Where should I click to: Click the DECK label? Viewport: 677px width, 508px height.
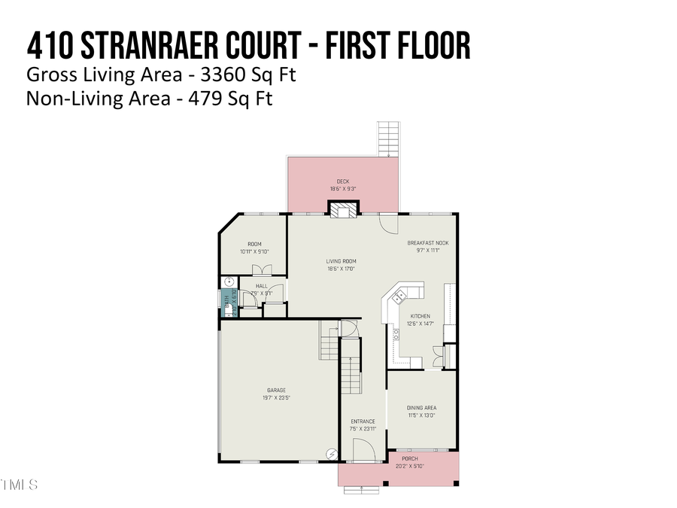[x=343, y=181]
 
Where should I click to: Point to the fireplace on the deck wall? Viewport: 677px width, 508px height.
[x=343, y=209]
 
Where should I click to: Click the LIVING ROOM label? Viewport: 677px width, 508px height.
[x=341, y=261]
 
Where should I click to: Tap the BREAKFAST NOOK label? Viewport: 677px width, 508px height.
[x=428, y=243]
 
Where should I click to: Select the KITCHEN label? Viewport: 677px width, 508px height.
[x=420, y=316]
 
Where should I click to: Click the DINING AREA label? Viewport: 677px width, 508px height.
[x=421, y=408]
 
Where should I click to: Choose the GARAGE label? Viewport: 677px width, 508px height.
[x=275, y=390]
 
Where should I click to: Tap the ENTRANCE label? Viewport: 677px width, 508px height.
[x=362, y=421]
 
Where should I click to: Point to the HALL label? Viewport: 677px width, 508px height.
[x=261, y=286]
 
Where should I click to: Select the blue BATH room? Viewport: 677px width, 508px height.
[x=228, y=303]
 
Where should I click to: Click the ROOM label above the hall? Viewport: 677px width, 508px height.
[x=254, y=244]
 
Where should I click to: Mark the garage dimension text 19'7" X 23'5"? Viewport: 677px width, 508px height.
[x=275, y=397]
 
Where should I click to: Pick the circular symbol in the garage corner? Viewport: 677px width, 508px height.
[x=331, y=453]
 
